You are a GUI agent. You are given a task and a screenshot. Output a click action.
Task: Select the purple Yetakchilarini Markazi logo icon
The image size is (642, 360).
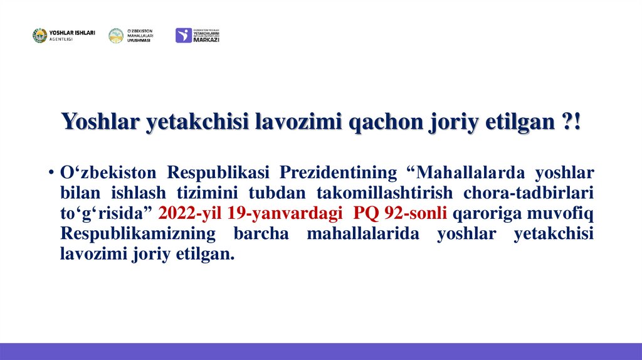[x=184, y=35]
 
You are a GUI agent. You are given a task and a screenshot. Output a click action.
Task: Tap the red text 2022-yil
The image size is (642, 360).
[x=191, y=213]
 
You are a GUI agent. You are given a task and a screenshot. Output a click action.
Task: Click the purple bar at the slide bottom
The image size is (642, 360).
[x=321, y=351]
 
